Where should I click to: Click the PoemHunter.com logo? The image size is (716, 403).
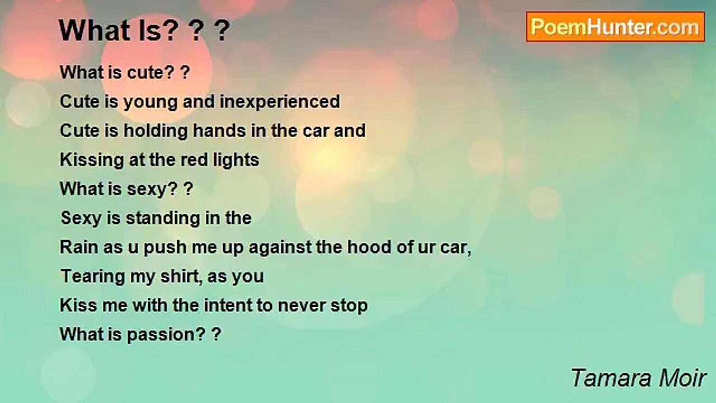click(x=615, y=27)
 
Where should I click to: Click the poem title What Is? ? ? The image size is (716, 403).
click(x=144, y=31)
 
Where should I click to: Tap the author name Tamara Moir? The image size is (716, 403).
click(x=638, y=378)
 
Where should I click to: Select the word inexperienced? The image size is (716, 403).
click(x=280, y=102)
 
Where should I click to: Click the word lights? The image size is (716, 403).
click(x=236, y=161)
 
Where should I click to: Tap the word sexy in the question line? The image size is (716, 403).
click(x=148, y=190)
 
